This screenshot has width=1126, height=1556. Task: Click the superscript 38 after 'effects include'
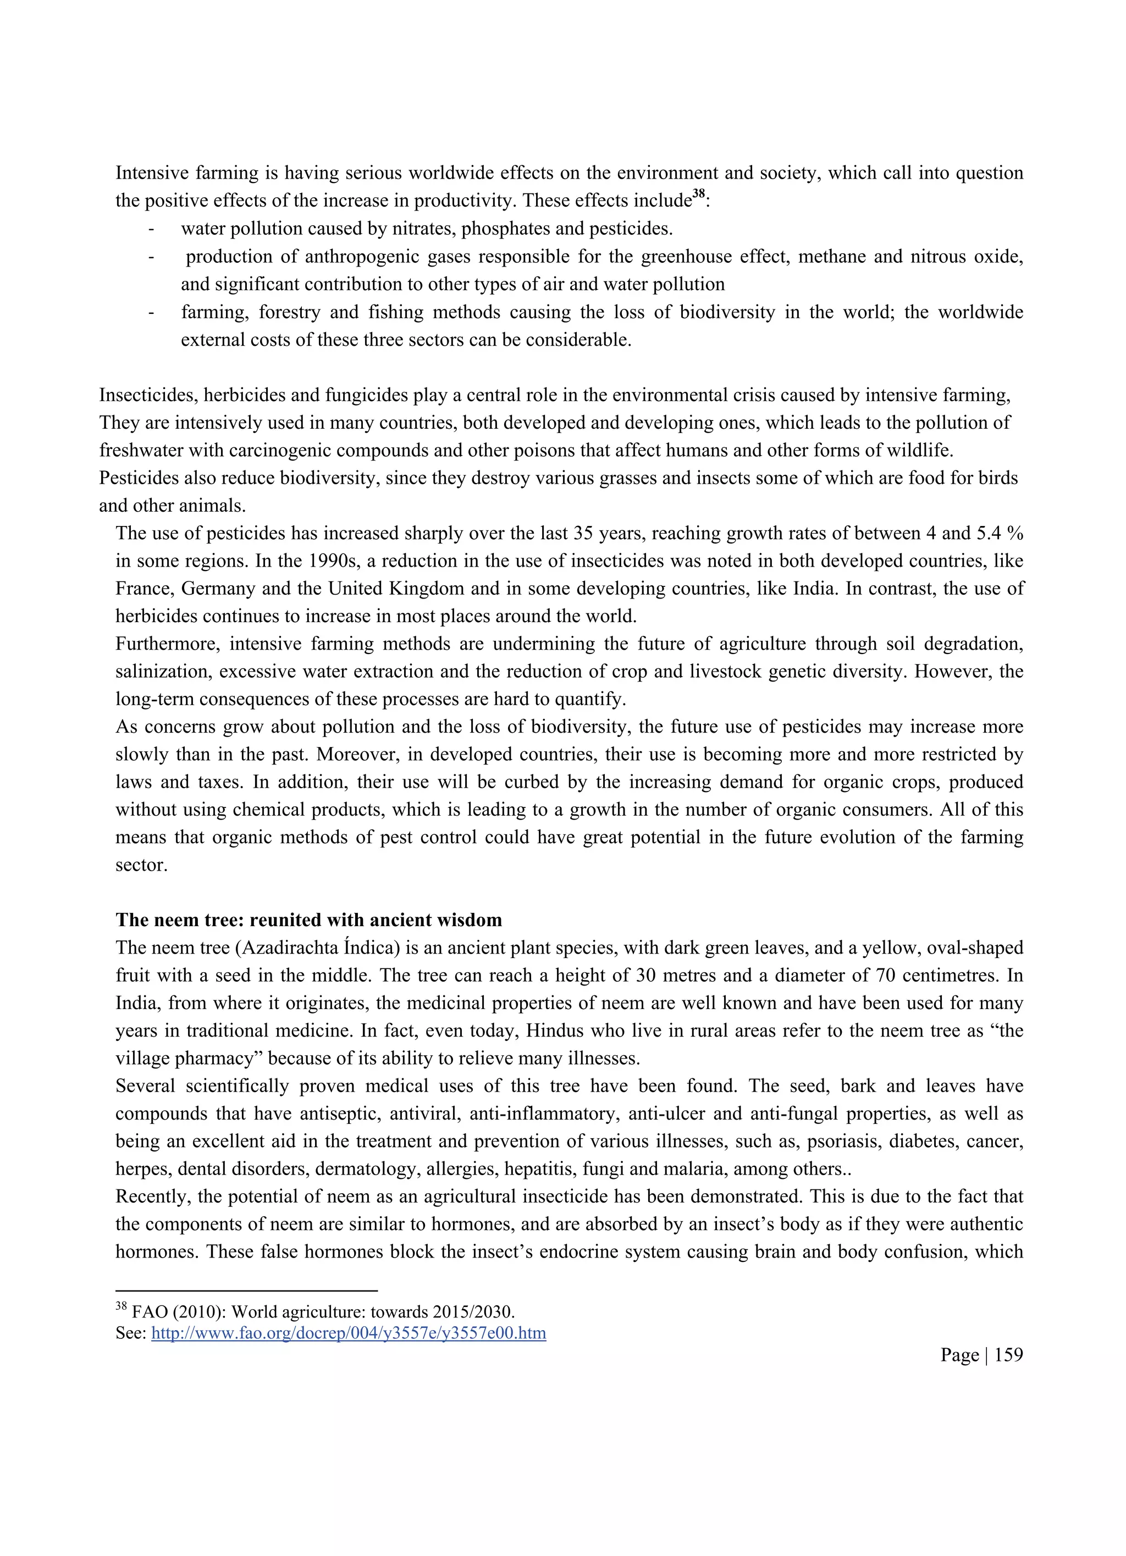(x=698, y=196)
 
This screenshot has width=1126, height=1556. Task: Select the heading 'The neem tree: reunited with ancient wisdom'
(x=309, y=920)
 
